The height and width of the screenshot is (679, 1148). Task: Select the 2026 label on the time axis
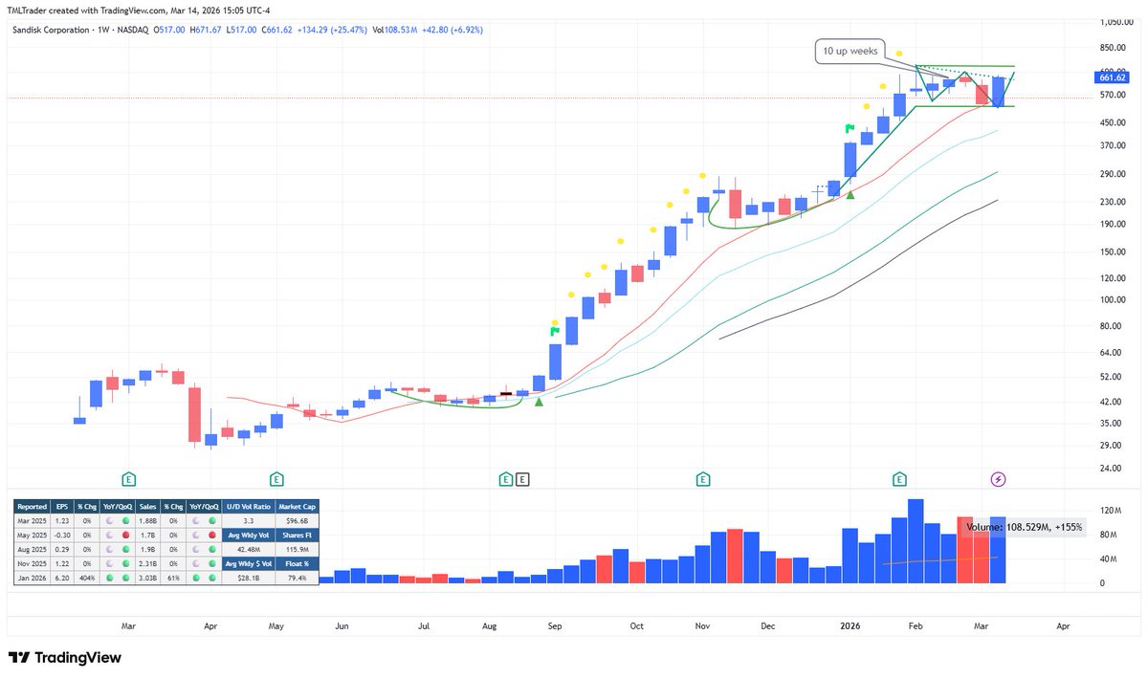point(850,626)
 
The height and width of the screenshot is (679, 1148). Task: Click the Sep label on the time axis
point(554,626)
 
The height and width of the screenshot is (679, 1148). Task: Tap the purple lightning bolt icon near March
point(999,478)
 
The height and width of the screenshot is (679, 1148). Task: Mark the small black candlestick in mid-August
point(505,394)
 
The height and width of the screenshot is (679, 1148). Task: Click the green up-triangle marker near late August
point(539,403)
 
